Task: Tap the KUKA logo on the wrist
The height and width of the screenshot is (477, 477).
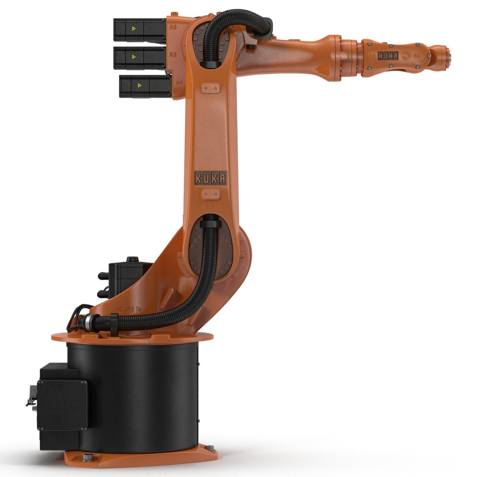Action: [388, 56]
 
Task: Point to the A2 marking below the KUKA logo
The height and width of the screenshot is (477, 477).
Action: [211, 207]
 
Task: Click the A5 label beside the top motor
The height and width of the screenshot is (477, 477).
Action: [174, 27]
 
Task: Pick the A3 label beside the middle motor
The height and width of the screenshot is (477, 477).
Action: [174, 55]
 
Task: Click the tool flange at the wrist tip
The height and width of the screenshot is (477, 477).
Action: [447, 56]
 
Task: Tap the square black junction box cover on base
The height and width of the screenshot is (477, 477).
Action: [62, 405]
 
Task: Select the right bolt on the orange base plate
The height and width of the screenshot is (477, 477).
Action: [210, 449]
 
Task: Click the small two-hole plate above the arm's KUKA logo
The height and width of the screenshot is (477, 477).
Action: [210, 89]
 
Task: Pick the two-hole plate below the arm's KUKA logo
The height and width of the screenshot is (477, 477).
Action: [211, 194]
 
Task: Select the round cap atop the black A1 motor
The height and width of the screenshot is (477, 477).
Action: [131, 260]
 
